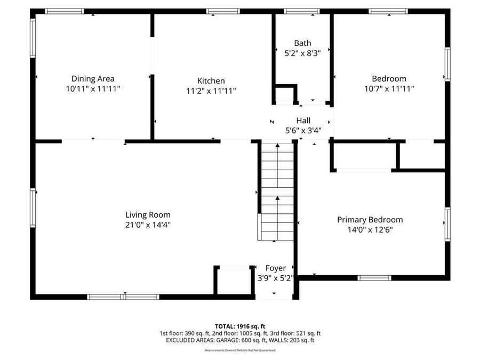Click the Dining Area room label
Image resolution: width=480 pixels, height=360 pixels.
click(x=93, y=79)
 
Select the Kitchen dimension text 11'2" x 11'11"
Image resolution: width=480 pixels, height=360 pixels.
click(x=211, y=91)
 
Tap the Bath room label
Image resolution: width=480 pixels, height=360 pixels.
click(x=302, y=43)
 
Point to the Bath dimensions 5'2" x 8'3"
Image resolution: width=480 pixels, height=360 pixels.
click(x=302, y=53)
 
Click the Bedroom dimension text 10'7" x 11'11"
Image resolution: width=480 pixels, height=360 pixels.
click(x=389, y=89)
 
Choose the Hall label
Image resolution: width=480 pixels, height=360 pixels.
click(x=303, y=121)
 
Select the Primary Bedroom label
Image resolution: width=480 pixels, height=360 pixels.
click(x=370, y=220)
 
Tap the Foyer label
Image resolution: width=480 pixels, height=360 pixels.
click(x=276, y=268)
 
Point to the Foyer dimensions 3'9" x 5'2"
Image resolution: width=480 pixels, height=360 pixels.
click(x=276, y=277)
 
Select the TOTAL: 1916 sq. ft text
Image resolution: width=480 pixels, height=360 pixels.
click(x=240, y=326)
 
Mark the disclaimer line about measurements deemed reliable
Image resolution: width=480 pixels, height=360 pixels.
click(x=240, y=350)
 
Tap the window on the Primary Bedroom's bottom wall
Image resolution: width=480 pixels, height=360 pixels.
click(x=374, y=277)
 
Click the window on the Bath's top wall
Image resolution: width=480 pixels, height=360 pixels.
click(x=301, y=11)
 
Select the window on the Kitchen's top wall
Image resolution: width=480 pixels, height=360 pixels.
click(x=223, y=11)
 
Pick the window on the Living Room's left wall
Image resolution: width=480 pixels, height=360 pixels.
click(x=33, y=207)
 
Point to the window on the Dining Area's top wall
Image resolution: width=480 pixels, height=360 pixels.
click(x=64, y=11)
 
